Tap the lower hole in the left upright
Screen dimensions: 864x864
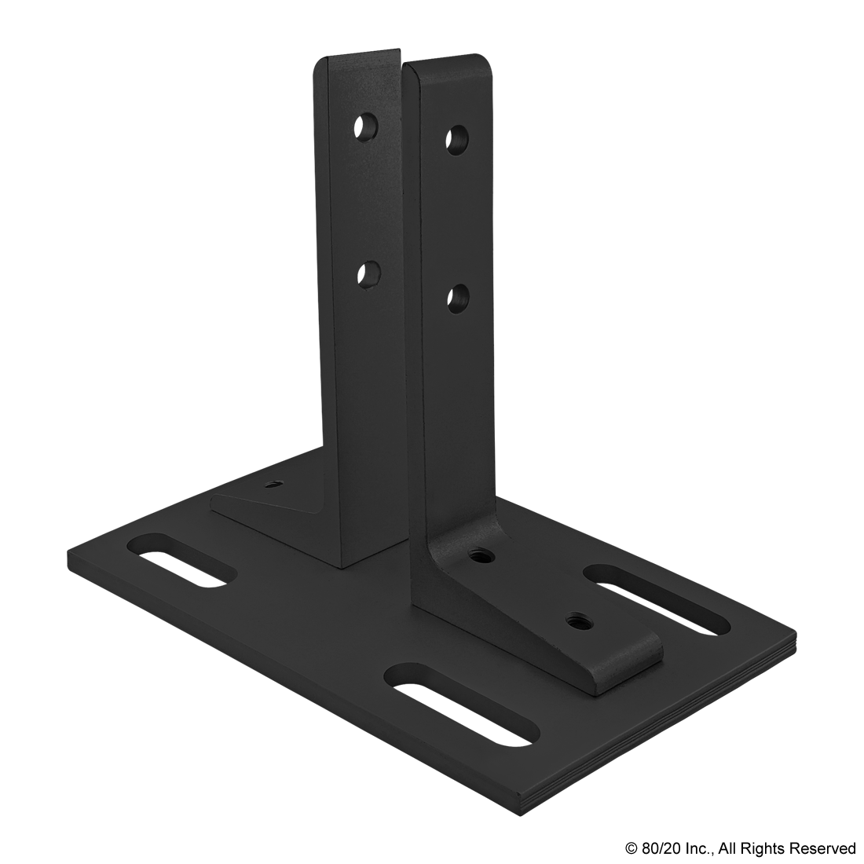click(367, 274)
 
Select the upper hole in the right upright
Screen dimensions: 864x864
click(458, 140)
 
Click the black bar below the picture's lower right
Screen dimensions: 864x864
click(740, 849)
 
